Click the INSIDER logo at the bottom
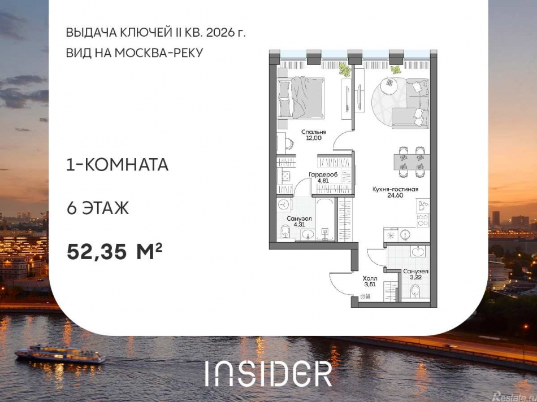tap(268, 373)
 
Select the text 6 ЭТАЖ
tap(98, 208)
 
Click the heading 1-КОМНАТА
tap(117, 165)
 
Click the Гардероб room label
tap(323, 175)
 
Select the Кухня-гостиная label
tap(395, 189)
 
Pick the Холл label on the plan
tap(370, 278)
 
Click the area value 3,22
tap(416, 278)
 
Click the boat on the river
tap(60, 355)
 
